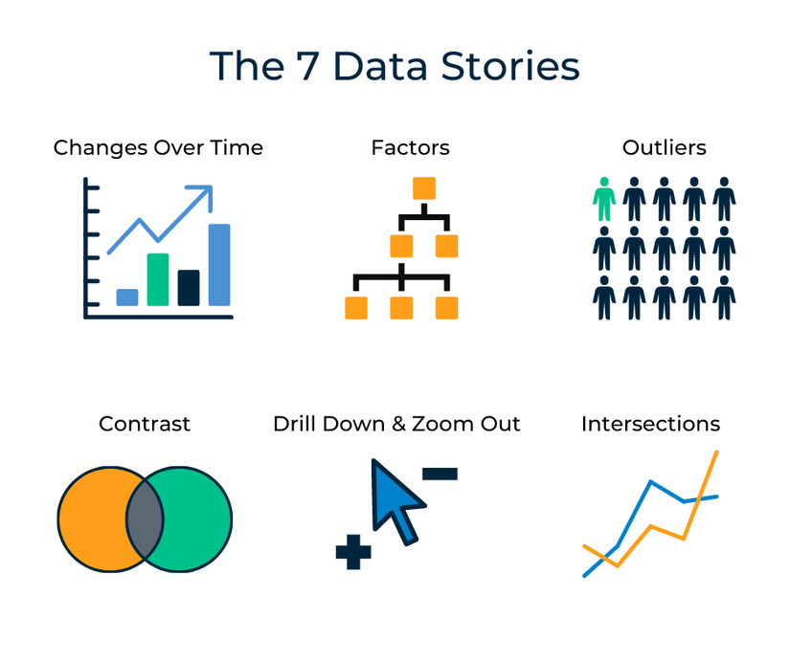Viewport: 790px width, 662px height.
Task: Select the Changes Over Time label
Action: point(158,148)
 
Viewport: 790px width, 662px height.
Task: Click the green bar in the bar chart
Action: point(158,279)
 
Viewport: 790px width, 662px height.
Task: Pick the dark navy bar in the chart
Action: point(189,288)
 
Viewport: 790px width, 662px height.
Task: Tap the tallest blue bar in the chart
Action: point(219,265)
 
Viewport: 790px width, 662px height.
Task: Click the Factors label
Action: point(410,148)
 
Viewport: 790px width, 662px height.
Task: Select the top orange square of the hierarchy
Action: point(423,188)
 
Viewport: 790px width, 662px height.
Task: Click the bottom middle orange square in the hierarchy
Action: point(401,308)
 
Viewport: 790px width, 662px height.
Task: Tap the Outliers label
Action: point(664,148)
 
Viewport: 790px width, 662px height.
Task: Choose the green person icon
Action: point(603,199)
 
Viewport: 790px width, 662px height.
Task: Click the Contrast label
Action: point(145,424)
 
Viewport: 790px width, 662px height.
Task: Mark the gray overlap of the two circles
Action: point(145,519)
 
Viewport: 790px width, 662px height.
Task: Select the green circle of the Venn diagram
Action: point(196,519)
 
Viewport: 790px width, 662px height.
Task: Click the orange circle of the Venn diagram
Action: point(92,519)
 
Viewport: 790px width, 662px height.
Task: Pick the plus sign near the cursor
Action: point(353,553)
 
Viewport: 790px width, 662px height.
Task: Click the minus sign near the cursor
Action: point(440,473)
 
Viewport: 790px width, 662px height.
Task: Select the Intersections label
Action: point(650,424)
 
